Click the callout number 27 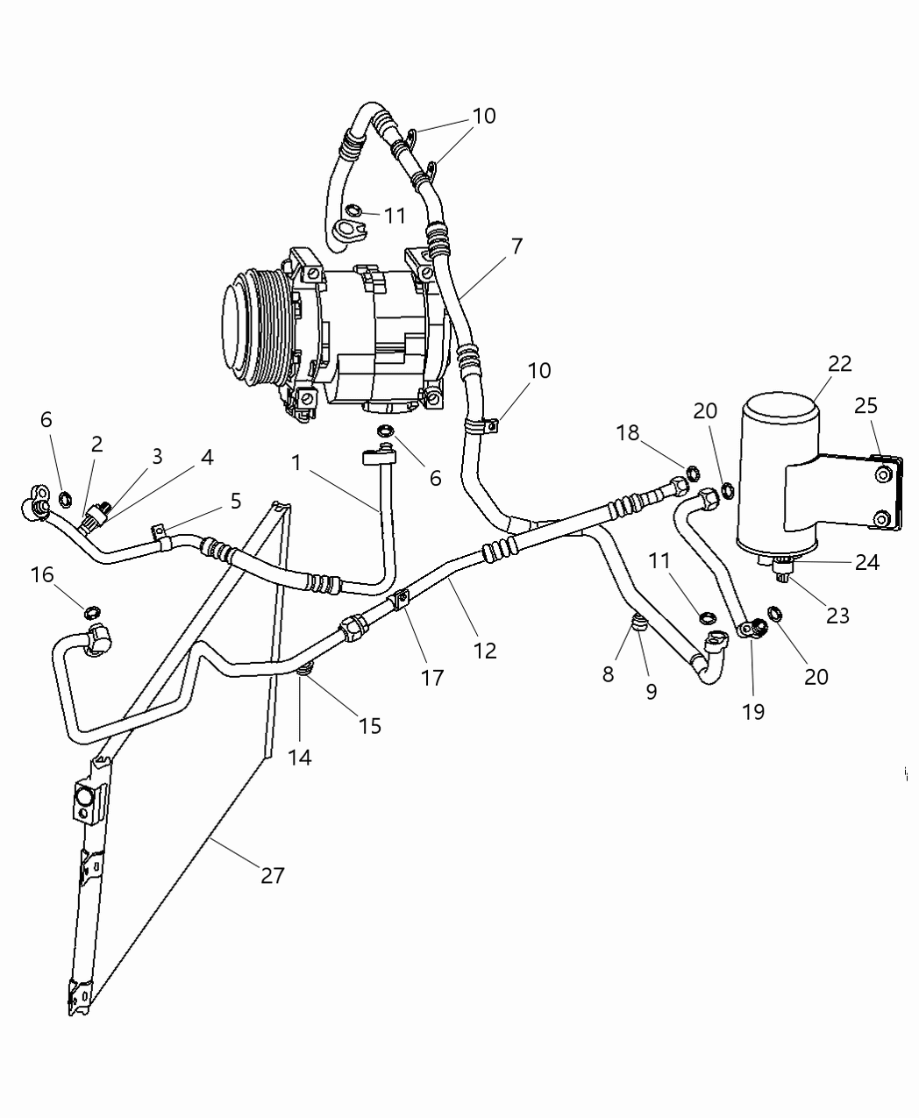(x=273, y=874)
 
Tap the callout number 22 (x=839, y=363)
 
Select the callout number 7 (x=516, y=246)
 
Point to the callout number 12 (x=485, y=650)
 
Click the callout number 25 (x=866, y=406)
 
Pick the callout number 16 (x=42, y=574)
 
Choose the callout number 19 (x=753, y=711)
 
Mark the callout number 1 (x=296, y=462)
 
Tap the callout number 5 (x=235, y=501)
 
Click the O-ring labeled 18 (x=693, y=474)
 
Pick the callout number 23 (x=837, y=616)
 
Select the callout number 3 (x=157, y=456)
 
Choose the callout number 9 (x=652, y=692)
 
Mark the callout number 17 (x=432, y=677)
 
